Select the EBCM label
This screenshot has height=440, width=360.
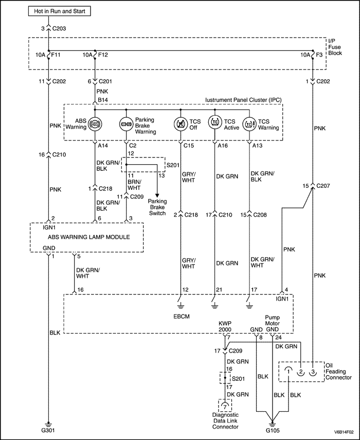tap(183, 315)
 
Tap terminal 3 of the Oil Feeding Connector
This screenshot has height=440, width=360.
tap(312, 372)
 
